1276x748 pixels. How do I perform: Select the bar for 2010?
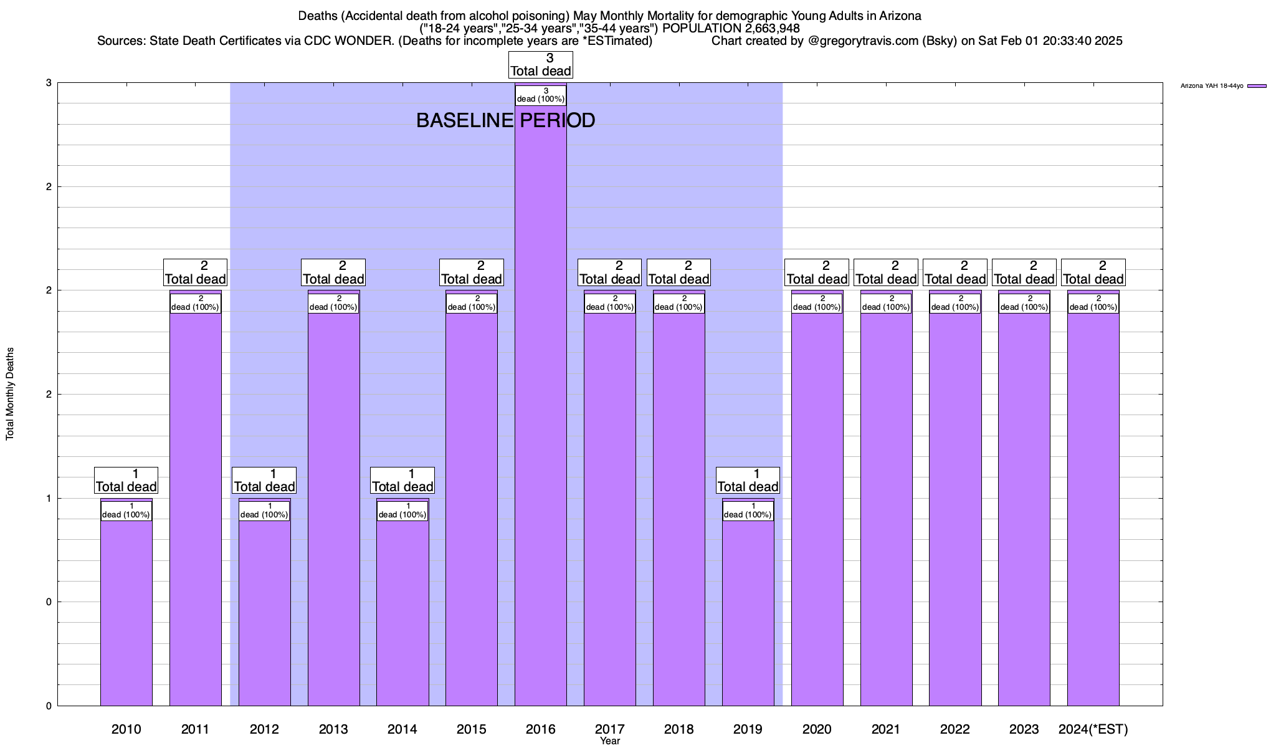126,611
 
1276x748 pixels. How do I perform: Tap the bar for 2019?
748,611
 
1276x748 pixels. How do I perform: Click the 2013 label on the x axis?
333,729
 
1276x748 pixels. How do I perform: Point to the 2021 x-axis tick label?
885,729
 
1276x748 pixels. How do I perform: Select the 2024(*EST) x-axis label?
1093,729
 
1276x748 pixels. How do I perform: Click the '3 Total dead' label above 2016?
540,65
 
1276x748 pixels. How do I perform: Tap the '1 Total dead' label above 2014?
402,481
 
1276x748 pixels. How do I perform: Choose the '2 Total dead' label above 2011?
195,272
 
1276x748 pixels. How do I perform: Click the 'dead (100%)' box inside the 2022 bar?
955,303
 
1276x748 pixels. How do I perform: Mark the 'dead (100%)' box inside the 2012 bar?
264,511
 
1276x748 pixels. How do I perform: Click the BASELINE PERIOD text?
505,120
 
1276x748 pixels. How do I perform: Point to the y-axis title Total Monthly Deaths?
10,394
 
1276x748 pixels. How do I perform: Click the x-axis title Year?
610,741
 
